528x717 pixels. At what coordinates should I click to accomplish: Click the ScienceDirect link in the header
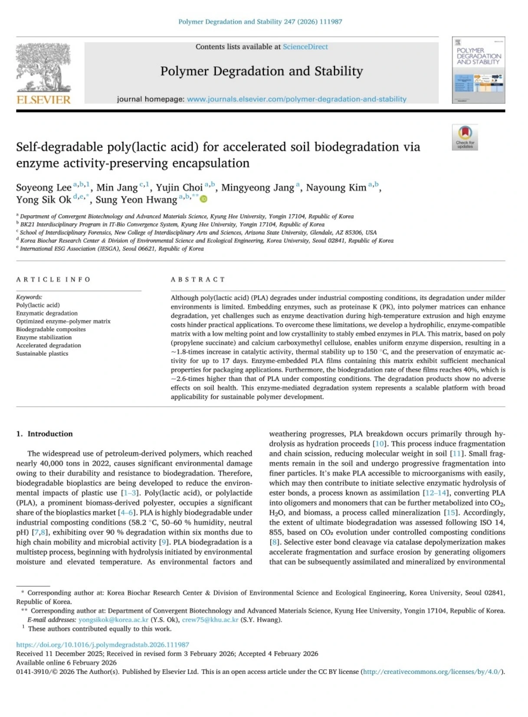(x=305, y=47)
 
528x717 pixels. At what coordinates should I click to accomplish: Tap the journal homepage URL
(x=296, y=99)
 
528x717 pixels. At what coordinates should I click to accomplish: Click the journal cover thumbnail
(x=478, y=70)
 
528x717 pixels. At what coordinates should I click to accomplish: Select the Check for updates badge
(x=465, y=137)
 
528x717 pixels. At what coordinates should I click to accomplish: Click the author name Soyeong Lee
(x=44, y=187)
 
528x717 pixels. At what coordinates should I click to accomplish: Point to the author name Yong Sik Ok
(x=44, y=200)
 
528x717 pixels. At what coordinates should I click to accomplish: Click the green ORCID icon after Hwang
(x=203, y=199)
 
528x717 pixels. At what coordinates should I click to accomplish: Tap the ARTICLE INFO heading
(x=53, y=280)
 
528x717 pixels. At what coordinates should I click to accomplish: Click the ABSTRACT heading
(x=198, y=280)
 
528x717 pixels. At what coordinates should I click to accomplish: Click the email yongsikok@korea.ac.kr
(x=113, y=620)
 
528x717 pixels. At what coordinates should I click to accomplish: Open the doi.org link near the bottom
(x=102, y=645)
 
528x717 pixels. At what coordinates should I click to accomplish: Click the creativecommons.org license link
(x=433, y=672)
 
